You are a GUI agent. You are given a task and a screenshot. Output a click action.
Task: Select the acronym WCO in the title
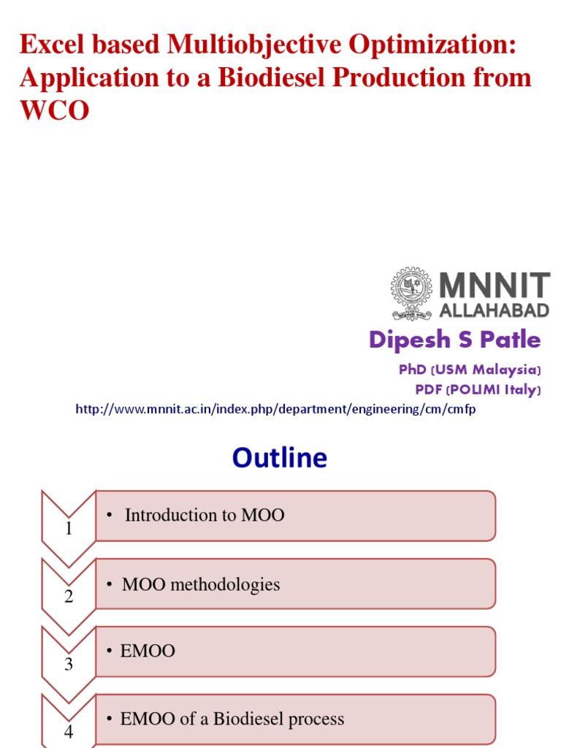pos(54,110)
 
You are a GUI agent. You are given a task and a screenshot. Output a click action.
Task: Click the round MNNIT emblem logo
pos(412,294)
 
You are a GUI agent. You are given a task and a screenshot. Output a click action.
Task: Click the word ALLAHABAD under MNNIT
pos(495,311)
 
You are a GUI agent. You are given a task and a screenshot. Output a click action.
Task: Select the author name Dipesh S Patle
pos(454,340)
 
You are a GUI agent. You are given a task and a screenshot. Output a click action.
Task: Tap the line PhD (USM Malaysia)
pos(470,370)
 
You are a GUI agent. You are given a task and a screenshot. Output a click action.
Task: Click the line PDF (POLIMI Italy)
pos(478,390)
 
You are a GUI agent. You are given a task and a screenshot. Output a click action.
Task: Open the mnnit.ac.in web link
pos(275,410)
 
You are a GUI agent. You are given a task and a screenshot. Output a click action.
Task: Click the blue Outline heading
pos(280,458)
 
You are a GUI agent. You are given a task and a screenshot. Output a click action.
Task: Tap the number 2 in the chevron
pos(69,597)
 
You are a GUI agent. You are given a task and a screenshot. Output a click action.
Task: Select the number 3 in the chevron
pos(69,664)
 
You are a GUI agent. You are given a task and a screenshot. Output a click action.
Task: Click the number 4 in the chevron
pos(69,730)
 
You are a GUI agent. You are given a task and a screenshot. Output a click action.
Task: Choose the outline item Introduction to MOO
pos(204,515)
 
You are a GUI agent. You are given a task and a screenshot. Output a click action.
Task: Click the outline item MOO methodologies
pos(200,584)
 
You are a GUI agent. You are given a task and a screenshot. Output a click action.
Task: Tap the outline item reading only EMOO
pos(148,651)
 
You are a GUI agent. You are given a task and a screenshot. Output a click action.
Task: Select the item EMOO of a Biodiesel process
pos(232,719)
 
